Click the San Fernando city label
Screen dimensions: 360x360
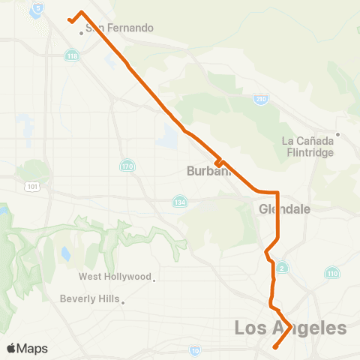(120, 28)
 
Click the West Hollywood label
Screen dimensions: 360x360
(115, 277)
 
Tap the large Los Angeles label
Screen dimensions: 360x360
(291, 328)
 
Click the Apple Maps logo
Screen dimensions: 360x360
(27, 348)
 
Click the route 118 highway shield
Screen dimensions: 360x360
(72, 56)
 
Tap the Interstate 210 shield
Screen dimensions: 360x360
(261, 98)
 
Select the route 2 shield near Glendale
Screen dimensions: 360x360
(281, 268)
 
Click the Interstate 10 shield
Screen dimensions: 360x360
(195, 350)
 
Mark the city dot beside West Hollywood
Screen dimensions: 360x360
(154, 281)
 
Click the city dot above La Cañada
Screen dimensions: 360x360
(338, 135)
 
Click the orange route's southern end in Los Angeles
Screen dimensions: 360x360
(275, 347)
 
